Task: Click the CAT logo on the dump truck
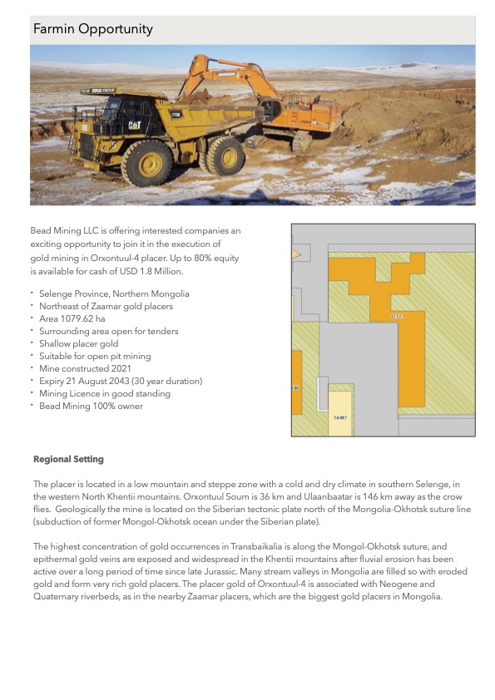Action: click(133, 126)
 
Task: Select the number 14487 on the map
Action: click(340, 418)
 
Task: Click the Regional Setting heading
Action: click(68, 459)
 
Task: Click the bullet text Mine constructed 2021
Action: click(87, 368)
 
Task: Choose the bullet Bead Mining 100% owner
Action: click(91, 406)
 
